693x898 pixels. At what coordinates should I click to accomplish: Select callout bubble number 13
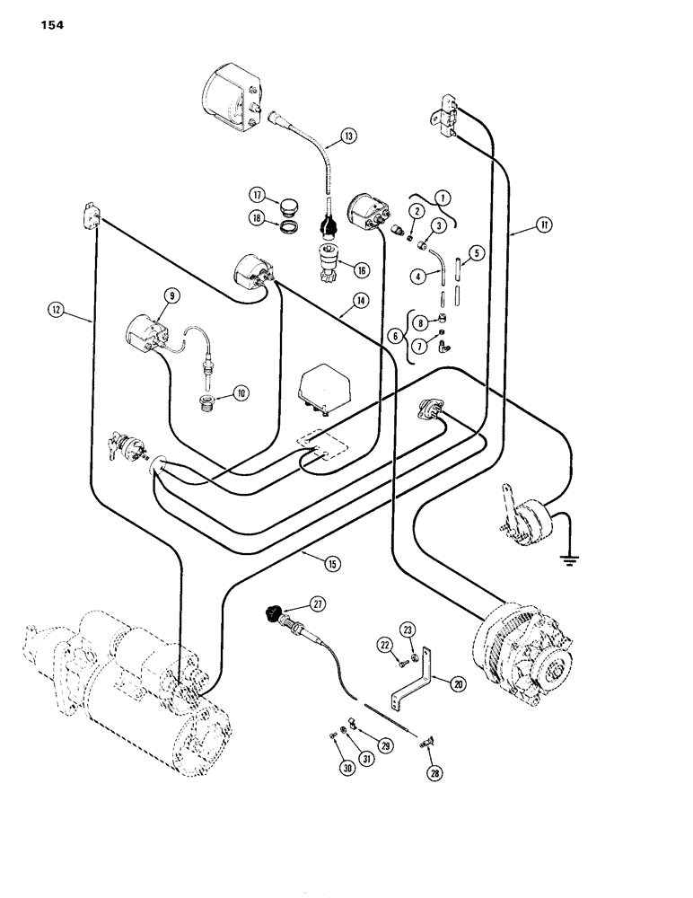point(348,137)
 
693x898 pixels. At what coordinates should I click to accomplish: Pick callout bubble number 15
point(333,563)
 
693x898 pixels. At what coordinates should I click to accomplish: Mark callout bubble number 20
point(459,684)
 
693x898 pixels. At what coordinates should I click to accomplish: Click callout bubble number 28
point(435,770)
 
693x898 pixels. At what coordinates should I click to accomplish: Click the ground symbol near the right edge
point(567,561)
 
